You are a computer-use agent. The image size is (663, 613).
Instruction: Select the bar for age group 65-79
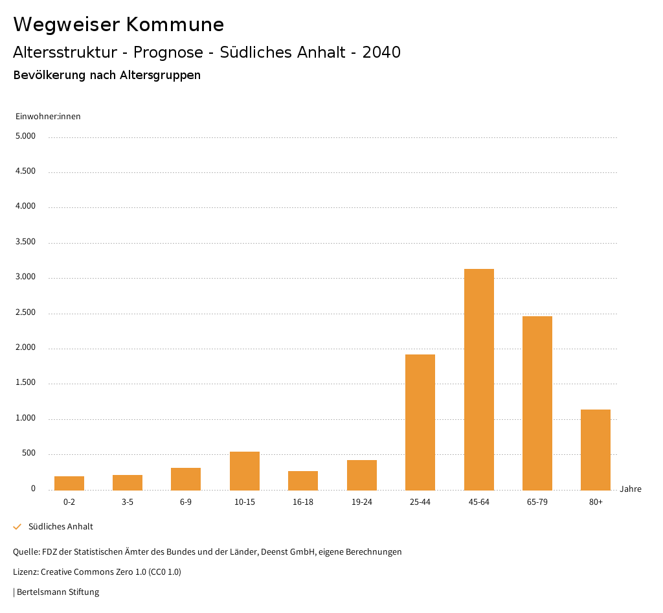(537, 402)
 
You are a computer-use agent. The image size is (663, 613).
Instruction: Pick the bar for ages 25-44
(420, 422)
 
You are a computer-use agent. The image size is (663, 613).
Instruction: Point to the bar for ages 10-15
(244, 470)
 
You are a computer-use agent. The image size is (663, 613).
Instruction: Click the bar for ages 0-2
(69, 483)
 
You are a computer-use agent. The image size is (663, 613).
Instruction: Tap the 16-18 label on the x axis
(303, 502)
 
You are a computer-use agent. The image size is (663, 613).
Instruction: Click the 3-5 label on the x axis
(128, 502)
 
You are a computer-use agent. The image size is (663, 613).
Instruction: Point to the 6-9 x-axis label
(186, 502)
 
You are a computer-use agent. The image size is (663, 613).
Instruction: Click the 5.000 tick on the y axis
(26, 137)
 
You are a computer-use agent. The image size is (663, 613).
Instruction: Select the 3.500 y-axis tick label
(26, 242)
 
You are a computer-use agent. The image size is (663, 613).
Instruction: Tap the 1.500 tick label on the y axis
(26, 383)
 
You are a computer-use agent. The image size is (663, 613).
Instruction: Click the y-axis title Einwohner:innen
(48, 117)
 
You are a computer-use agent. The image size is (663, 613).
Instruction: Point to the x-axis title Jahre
(630, 489)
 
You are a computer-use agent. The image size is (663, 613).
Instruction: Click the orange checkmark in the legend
(17, 527)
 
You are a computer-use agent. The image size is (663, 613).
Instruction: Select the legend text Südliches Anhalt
(61, 527)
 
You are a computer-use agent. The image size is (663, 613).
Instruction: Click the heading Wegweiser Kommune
(118, 25)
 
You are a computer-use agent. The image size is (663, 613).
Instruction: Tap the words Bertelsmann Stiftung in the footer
(58, 592)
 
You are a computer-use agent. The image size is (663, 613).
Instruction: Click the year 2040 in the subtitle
(381, 52)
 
